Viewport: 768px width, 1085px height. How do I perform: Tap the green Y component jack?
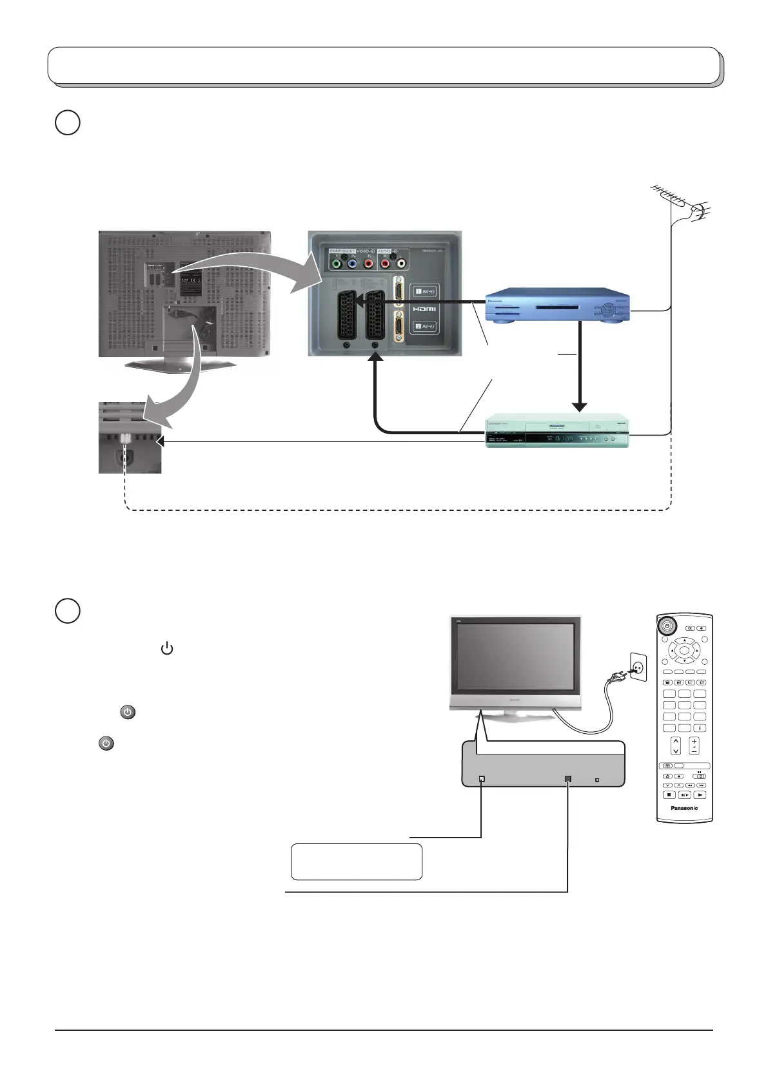335,264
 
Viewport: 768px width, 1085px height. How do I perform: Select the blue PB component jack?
352,264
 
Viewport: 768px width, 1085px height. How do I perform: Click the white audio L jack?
401,264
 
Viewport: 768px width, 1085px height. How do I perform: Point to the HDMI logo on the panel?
425,309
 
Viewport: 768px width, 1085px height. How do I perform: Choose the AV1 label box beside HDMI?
425,291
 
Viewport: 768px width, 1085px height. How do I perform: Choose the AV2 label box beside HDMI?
425,327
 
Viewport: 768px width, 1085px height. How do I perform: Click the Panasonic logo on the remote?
684,808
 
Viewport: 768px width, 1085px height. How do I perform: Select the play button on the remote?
701,795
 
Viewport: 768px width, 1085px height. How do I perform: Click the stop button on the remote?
669,795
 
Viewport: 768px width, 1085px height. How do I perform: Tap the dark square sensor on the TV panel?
567,779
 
